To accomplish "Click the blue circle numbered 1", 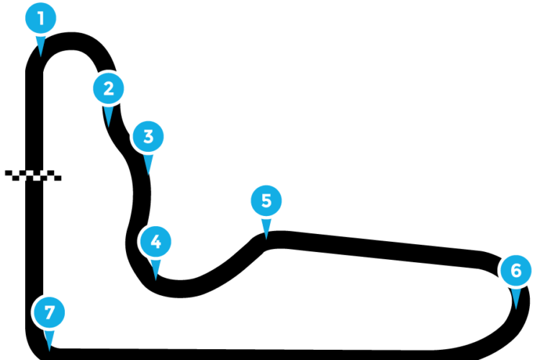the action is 40,18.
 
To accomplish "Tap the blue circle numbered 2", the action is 109,89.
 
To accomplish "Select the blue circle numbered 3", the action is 148,136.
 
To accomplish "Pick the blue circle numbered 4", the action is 156,241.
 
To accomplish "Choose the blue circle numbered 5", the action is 266,200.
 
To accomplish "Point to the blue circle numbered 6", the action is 516,271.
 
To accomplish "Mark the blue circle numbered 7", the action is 49,312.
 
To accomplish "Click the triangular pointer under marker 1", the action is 40,45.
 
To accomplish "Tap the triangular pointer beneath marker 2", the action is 109,116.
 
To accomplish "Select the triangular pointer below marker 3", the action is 148,163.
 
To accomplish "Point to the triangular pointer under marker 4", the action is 156,269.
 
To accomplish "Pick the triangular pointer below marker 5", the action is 266,228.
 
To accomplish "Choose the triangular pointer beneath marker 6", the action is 516,298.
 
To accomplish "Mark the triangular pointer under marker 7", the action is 49,340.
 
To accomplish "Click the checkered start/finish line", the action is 33,176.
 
